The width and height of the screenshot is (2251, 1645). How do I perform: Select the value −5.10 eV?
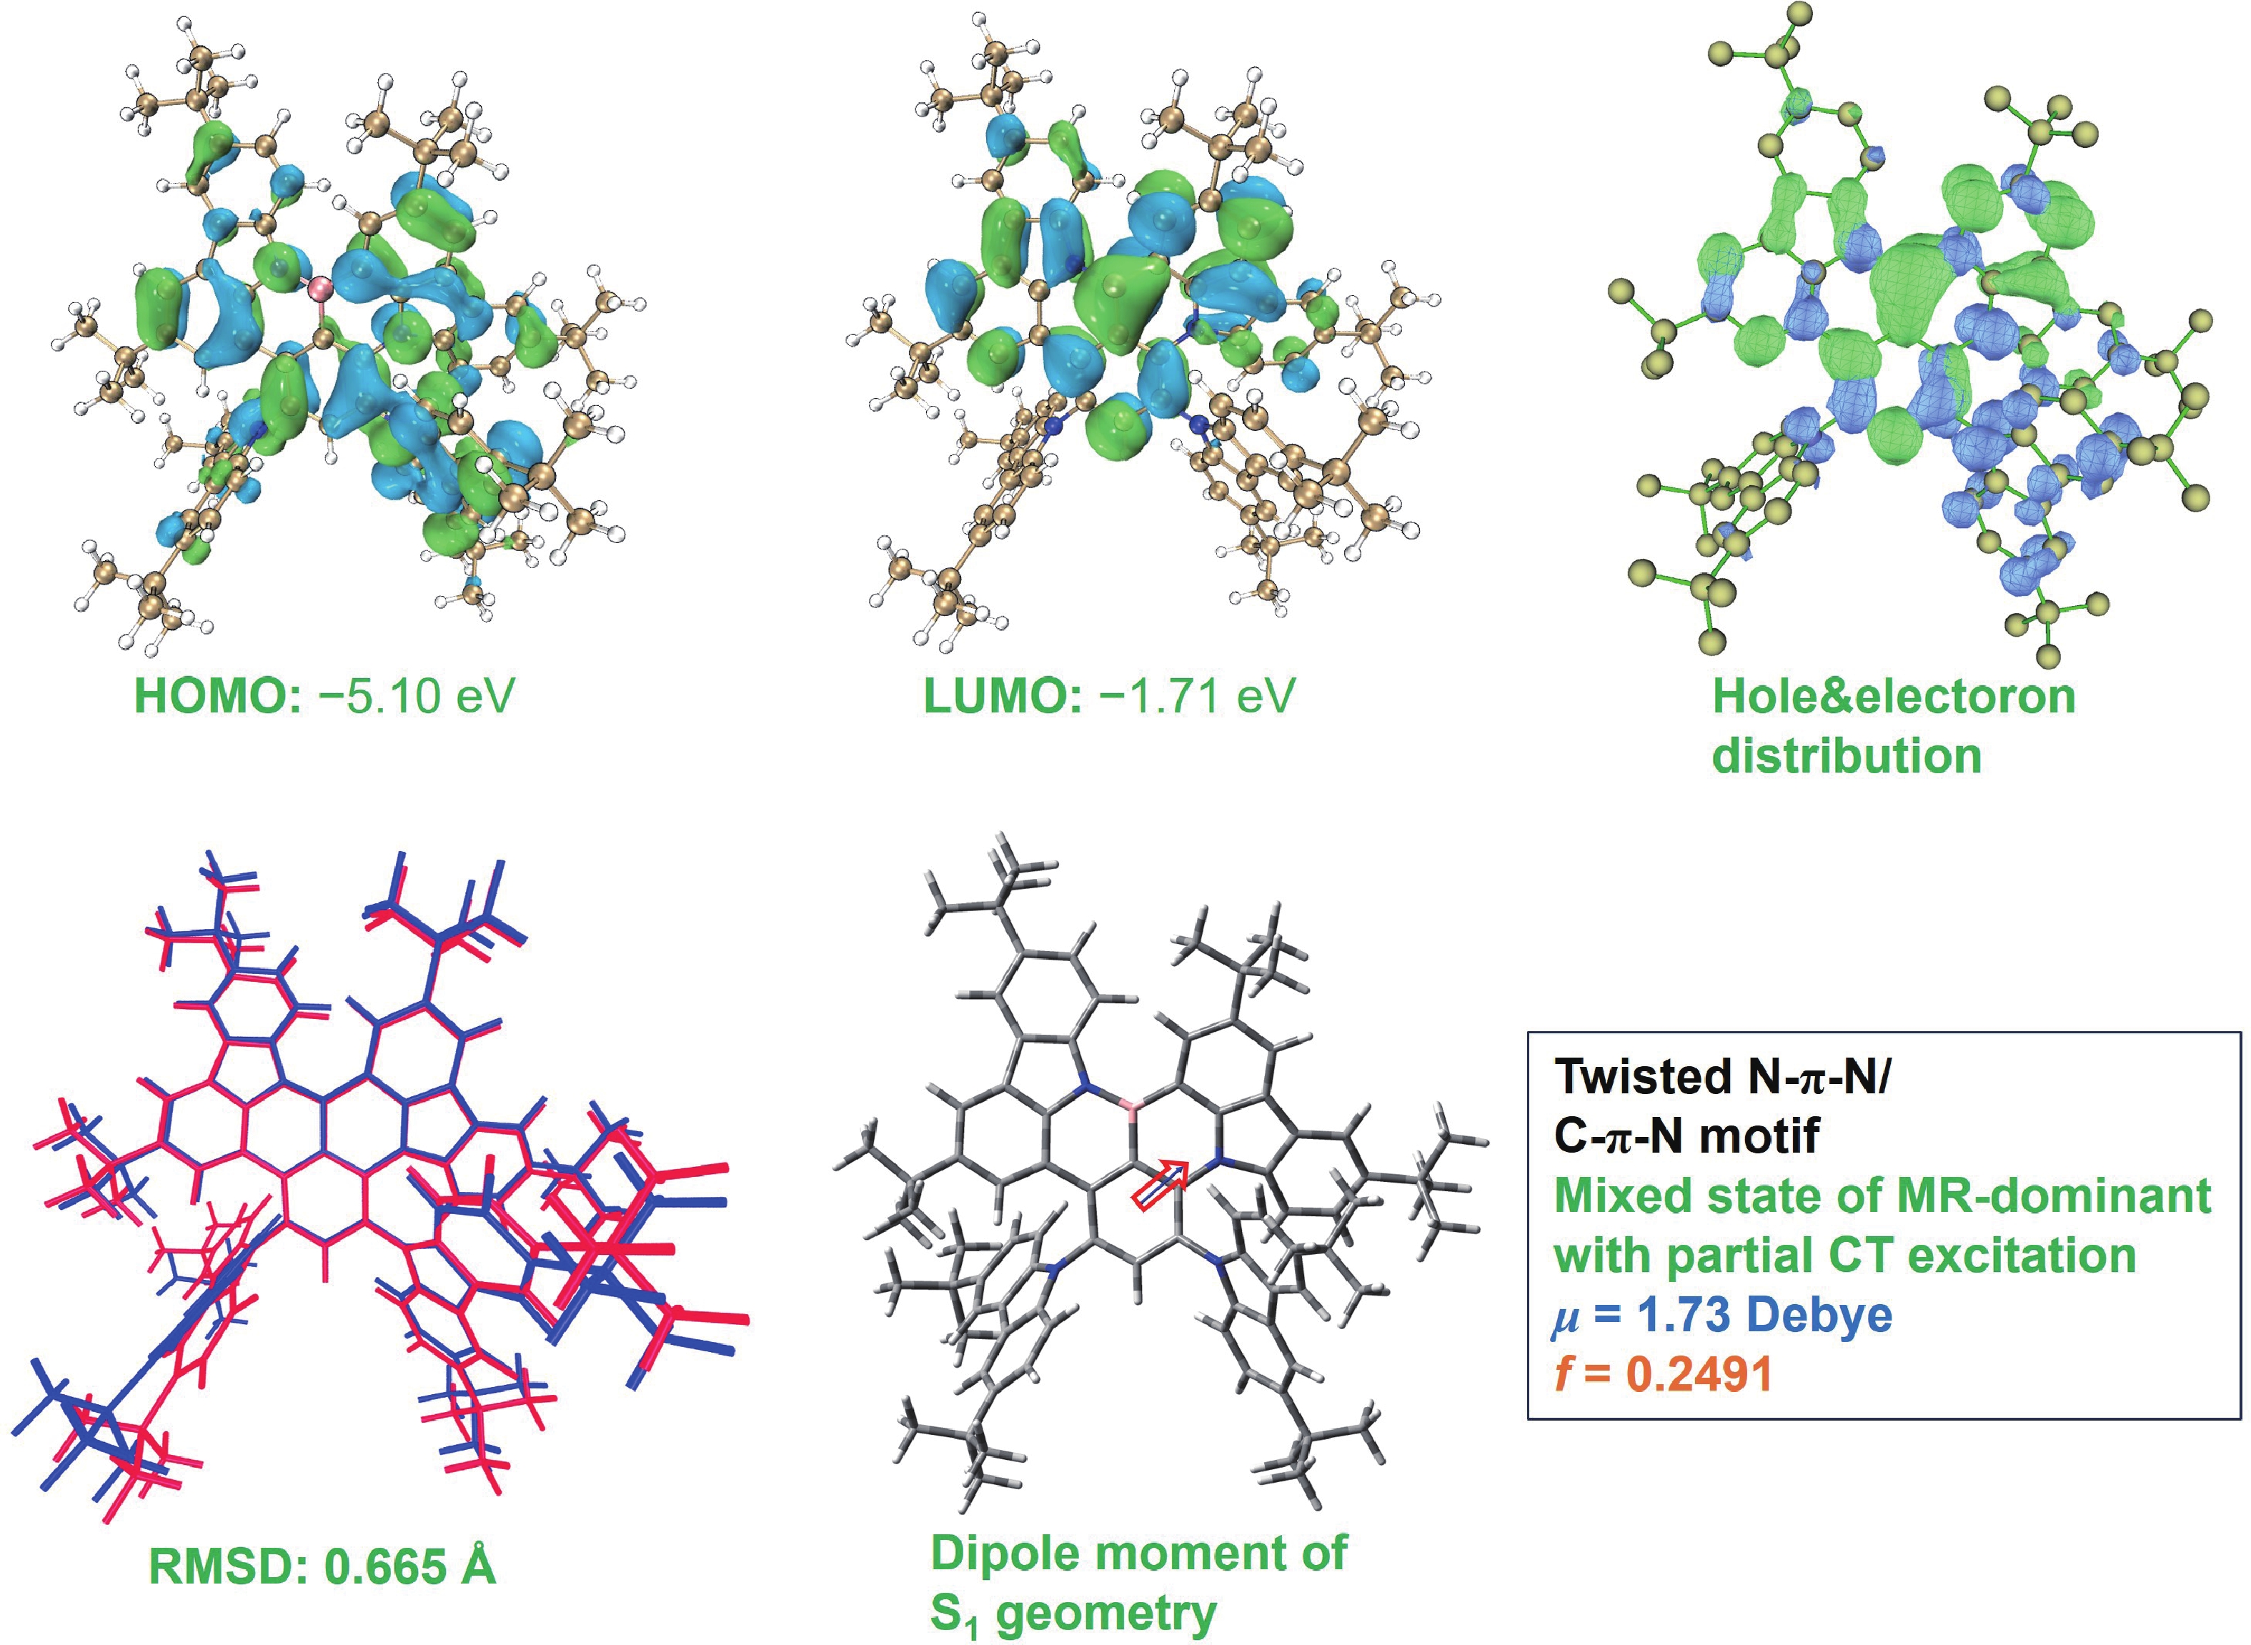pos(416,695)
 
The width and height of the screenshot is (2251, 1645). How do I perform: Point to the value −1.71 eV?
pos(1197,695)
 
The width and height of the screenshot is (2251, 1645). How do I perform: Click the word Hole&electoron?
pos(1894,695)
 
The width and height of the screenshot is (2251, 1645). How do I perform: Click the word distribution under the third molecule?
pos(1847,756)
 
